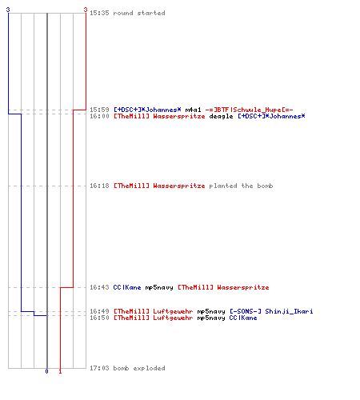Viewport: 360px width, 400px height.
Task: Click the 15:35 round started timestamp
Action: tap(99, 13)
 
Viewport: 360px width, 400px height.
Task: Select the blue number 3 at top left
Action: tap(8, 10)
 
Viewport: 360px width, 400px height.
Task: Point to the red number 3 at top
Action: tap(86, 10)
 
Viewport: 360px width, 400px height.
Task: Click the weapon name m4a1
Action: tap(193, 110)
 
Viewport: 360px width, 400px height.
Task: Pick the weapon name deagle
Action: tap(221, 116)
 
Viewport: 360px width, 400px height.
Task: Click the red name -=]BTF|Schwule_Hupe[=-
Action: tap(249, 110)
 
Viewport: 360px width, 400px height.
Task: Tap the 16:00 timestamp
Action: tap(99, 116)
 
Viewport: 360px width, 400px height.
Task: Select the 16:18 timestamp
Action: tap(99, 186)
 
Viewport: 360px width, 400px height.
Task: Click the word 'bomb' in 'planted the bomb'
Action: tap(265, 186)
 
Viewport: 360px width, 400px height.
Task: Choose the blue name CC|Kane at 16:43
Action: tap(127, 287)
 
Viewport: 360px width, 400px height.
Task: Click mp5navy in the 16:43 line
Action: tap(159, 287)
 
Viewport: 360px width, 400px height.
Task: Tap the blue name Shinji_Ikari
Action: tap(289, 311)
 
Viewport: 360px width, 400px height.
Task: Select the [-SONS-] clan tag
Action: tap(246, 311)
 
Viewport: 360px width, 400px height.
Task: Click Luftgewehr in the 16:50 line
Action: tap(173, 318)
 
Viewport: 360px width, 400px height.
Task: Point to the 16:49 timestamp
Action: tap(99, 311)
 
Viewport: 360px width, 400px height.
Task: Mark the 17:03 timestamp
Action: tap(99, 368)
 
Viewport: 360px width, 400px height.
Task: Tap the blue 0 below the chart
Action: tap(47, 371)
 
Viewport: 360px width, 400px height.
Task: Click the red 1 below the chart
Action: tap(60, 371)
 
